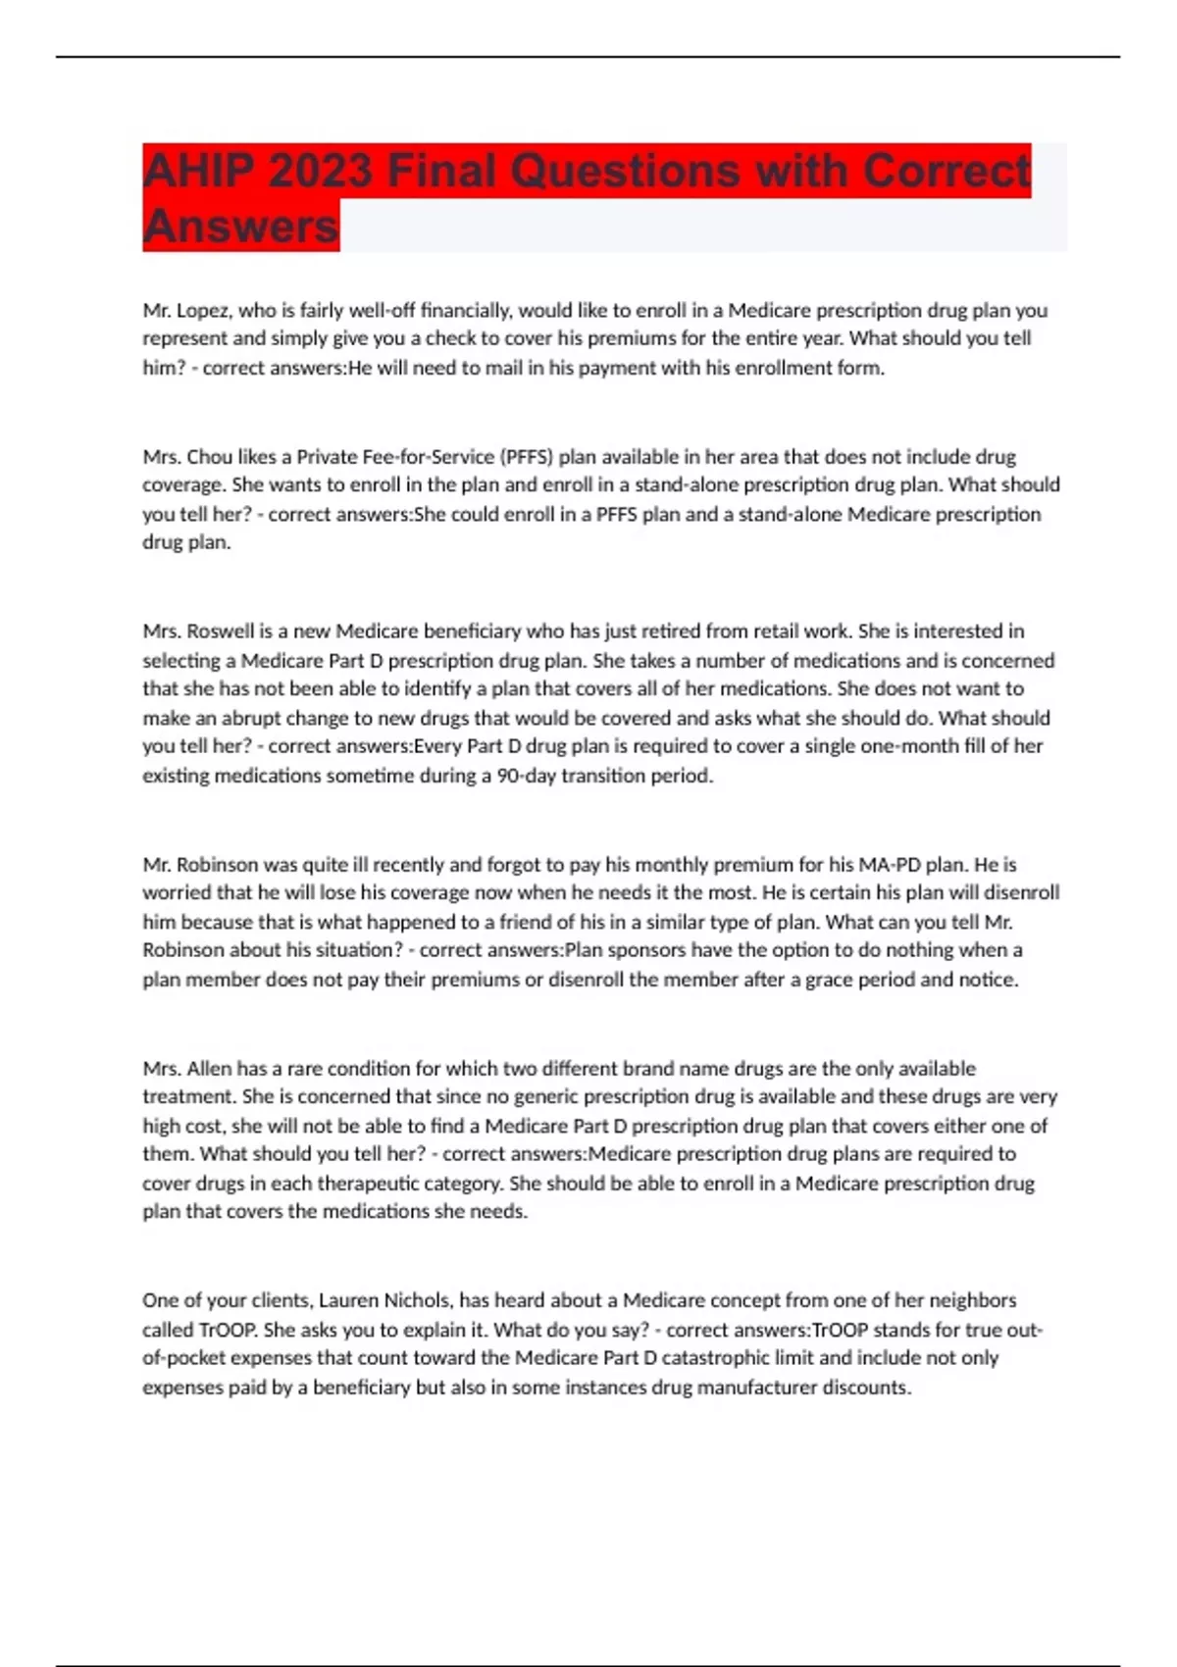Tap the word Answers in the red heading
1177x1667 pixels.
240,226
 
